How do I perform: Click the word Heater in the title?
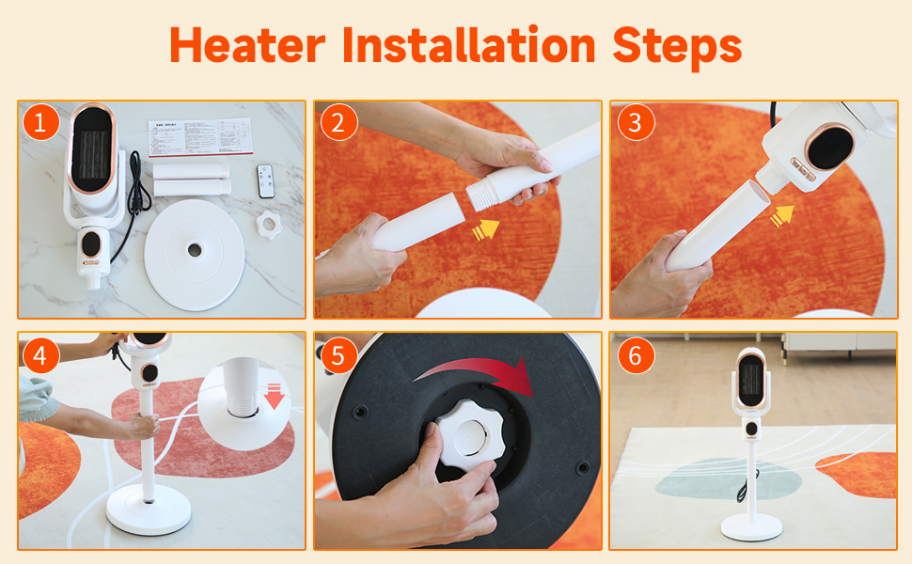click(247, 45)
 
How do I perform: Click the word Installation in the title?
click(469, 45)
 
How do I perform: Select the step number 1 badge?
click(40, 123)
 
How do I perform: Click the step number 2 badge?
click(338, 123)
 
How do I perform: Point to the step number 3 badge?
click(636, 123)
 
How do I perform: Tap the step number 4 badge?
click(40, 355)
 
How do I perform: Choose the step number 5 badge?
click(338, 355)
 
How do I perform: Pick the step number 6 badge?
click(636, 355)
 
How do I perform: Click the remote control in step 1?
click(266, 180)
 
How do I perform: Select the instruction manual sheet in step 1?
click(200, 137)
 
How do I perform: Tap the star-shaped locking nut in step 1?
click(269, 225)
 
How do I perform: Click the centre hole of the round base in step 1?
click(195, 250)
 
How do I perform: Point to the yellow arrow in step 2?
click(486, 229)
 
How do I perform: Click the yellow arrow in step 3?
click(782, 215)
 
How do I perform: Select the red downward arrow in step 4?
click(274, 396)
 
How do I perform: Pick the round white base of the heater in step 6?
click(751, 526)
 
